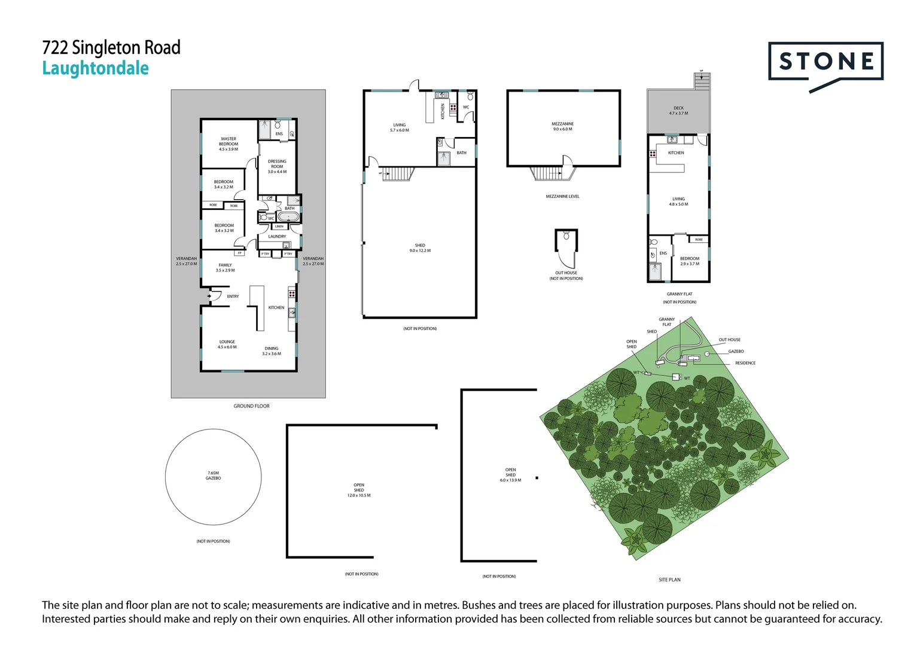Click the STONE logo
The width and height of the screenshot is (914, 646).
click(825, 62)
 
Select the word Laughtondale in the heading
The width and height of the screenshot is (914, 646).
click(95, 69)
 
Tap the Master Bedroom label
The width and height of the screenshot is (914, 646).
click(228, 144)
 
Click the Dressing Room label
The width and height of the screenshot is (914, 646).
click(277, 166)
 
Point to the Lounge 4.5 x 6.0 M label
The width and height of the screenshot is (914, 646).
click(227, 344)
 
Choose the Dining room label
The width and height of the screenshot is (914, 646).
click(272, 351)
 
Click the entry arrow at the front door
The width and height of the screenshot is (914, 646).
click(209, 296)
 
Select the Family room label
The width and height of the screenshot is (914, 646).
click(225, 267)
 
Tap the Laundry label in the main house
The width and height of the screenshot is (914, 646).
click(277, 236)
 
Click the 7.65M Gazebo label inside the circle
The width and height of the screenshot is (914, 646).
click(213, 476)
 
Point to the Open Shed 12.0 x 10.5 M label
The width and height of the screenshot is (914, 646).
click(359, 490)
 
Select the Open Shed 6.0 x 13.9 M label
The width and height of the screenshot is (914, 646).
click(510, 475)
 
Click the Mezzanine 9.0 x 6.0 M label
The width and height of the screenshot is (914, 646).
click(562, 126)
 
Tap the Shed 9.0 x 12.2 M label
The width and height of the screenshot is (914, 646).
click(420, 248)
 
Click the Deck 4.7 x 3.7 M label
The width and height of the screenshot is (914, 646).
click(678, 111)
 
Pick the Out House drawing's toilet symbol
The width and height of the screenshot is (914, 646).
click(566, 236)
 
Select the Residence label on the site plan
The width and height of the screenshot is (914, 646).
click(745, 363)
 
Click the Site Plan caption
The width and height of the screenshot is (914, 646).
click(669, 580)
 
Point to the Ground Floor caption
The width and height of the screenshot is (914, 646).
click(251, 406)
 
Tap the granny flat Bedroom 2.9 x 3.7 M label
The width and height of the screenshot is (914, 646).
click(690, 261)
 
